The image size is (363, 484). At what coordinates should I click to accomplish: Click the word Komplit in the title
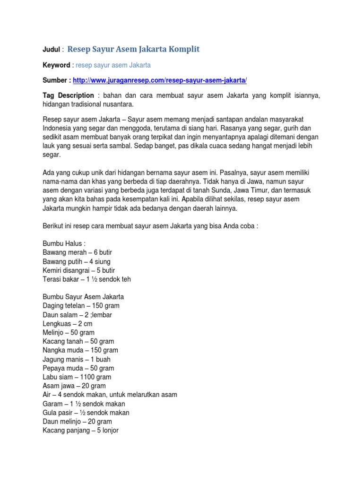pyautogui.click(x=181, y=49)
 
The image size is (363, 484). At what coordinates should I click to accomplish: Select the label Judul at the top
pyautogui.click(x=52, y=50)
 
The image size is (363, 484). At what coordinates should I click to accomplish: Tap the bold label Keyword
pyautogui.click(x=56, y=65)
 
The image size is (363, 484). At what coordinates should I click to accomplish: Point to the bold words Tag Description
pyautogui.click(x=68, y=95)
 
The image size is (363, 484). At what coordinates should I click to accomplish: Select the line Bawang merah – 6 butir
pyautogui.click(x=77, y=252)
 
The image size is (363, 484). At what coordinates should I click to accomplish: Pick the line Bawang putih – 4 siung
pyautogui.click(x=76, y=261)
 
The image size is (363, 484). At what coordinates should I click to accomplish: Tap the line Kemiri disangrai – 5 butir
pyautogui.click(x=78, y=270)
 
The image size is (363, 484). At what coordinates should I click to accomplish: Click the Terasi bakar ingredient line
pyautogui.click(x=86, y=279)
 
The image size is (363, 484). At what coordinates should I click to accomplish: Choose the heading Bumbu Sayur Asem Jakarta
pyautogui.click(x=83, y=297)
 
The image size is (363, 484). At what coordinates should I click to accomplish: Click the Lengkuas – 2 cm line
pyautogui.click(x=68, y=324)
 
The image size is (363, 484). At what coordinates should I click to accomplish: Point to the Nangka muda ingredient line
pyautogui.click(x=80, y=350)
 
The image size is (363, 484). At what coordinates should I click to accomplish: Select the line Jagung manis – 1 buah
pyautogui.click(x=77, y=359)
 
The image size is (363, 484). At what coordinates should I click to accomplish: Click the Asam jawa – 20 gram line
pyautogui.click(x=74, y=386)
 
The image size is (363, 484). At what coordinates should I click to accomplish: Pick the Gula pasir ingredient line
pyautogui.click(x=86, y=413)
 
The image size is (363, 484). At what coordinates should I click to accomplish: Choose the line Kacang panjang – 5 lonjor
pyautogui.click(x=80, y=431)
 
